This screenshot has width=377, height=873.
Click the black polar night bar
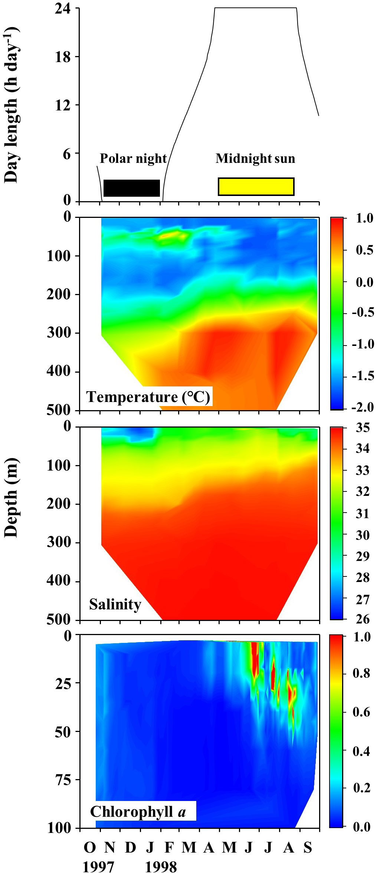click(132, 188)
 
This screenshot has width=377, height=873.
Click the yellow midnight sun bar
click(256, 186)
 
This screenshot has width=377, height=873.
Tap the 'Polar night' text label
click(133, 158)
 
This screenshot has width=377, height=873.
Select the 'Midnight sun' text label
click(255, 158)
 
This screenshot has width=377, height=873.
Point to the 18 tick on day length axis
click(63, 57)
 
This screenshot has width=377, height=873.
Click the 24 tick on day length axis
click(63, 8)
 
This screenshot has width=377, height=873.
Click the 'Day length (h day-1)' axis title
click(11, 106)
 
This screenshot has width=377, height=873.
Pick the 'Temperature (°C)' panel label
click(148, 397)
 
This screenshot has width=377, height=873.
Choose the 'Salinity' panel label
click(115, 604)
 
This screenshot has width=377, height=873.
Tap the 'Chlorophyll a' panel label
click(138, 811)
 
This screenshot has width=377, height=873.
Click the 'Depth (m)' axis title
click(11, 497)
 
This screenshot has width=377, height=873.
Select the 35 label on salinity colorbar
click(363, 428)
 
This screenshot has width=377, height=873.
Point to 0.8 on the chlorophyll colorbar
click(361, 673)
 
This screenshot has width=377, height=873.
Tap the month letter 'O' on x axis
click(90, 847)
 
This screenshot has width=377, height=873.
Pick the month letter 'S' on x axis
click(308, 847)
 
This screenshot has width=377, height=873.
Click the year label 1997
click(98, 866)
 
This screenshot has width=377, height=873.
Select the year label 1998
click(161, 866)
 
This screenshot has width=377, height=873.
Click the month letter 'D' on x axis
click(130, 847)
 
